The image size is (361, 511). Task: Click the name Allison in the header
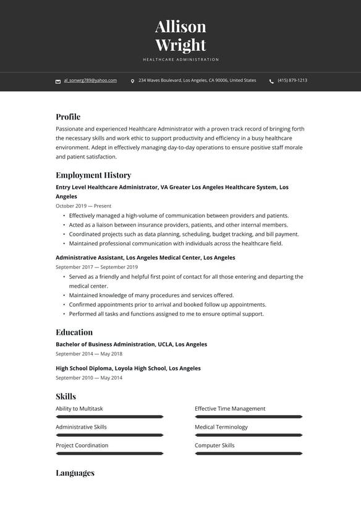coord(180,27)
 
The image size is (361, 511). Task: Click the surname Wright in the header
coord(180,45)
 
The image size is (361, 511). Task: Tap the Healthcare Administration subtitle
coord(180,59)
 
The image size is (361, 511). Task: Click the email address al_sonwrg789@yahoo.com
coord(90,81)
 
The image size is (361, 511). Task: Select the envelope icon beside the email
coord(58,81)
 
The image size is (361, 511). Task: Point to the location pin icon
coord(132,81)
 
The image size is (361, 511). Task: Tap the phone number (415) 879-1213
coord(292,81)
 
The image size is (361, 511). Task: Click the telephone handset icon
coord(271,81)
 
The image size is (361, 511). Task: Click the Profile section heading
coord(68,116)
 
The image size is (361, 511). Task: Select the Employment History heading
coord(93,175)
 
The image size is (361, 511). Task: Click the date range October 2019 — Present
coord(83,206)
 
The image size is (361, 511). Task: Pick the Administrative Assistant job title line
coord(145,258)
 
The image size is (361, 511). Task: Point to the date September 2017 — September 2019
coord(96,267)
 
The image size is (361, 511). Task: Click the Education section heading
coord(74,332)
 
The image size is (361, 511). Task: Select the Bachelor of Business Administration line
coord(131,344)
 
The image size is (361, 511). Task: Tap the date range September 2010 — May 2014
coord(89,378)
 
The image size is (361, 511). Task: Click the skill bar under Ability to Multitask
coord(109,417)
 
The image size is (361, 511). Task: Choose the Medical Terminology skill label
coord(221,427)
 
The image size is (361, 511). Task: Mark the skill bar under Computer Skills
coord(248,453)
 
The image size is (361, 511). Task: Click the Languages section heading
coord(75,473)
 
